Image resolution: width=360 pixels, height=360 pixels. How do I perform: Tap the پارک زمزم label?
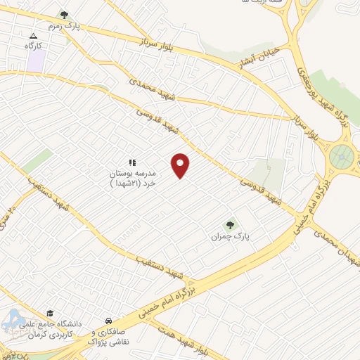coord(86,27)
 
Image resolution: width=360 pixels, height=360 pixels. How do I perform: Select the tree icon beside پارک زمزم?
coord(64,14)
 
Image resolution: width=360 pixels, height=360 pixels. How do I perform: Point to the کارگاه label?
coord(34,46)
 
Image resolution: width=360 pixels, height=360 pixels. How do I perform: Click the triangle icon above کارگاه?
coord(33,35)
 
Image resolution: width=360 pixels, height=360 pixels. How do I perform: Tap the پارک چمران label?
coord(230,237)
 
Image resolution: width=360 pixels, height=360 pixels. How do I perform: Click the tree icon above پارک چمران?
coord(229,225)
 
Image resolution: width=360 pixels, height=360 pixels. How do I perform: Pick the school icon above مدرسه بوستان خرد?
coord(131,162)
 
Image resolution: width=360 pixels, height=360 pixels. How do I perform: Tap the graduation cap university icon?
coord(49,314)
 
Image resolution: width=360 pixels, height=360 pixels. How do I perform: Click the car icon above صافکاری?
coord(108,318)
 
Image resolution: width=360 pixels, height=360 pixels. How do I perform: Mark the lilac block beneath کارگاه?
coord(35,60)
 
